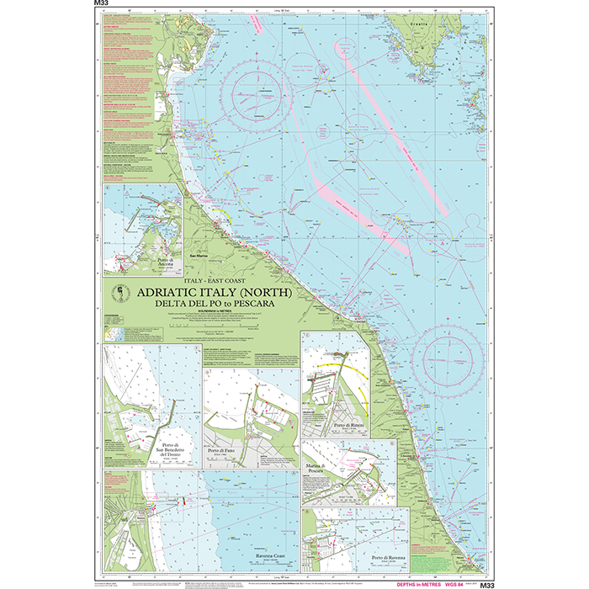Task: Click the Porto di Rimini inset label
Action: click(351, 427)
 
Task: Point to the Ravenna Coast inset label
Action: click(256, 556)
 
